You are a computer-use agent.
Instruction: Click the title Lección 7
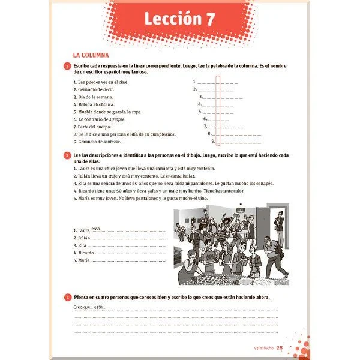[179, 20]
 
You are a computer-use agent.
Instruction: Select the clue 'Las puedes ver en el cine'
[99, 82]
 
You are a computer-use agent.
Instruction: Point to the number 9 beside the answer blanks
[213, 142]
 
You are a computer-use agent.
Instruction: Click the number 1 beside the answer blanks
[194, 82]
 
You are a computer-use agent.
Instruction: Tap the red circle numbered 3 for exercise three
[67, 298]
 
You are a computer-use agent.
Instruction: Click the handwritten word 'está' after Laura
[96, 227]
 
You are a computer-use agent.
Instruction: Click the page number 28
[280, 347]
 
